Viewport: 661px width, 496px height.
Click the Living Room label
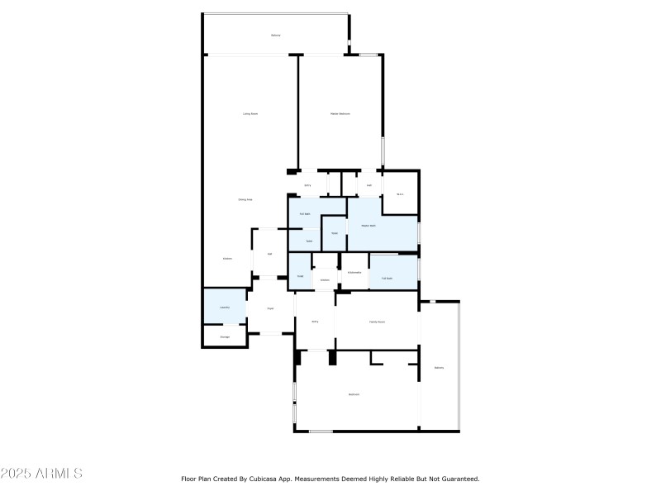click(x=250, y=113)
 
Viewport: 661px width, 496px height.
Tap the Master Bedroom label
click(x=340, y=113)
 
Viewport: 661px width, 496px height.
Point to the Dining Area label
click(x=245, y=199)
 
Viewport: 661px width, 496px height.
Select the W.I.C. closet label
click(x=400, y=194)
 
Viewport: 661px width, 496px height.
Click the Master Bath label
click(x=368, y=225)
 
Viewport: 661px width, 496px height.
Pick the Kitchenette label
click(x=354, y=272)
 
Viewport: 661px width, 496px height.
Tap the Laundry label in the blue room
click(x=224, y=308)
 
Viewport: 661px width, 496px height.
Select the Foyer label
click(x=270, y=308)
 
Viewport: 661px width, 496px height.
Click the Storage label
click(x=224, y=336)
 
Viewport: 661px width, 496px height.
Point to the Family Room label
click(x=377, y=321)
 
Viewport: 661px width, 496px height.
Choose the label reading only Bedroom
click(x=354, y=394)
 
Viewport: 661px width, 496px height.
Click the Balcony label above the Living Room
click(x=275, y=35)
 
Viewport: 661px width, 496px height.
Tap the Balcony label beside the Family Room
click(x=439, y=367)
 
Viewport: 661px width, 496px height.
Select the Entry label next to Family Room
click(x=315, y=321)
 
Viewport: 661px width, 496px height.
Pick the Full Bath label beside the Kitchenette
click(x=387, y=279)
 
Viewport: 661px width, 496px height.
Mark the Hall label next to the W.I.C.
click(x=369, y=185)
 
